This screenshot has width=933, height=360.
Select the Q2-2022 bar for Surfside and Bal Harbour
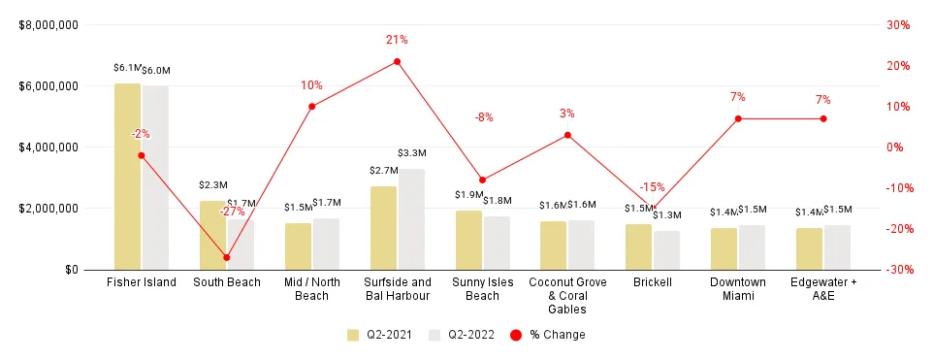pos(411,219)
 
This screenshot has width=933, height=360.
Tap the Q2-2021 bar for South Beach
pos(212,235)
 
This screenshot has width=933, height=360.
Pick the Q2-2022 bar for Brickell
pos(666,249)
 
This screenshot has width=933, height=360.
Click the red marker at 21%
pos(397,62)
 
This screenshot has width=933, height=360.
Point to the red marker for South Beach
pos(226,257)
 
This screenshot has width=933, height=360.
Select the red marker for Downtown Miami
pos(738,118)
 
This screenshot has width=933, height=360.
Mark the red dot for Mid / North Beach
pos(311,106)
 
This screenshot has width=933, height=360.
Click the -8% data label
pos(483,117)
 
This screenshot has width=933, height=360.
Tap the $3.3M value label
pos(412,153)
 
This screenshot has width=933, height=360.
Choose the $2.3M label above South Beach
pos(212,184)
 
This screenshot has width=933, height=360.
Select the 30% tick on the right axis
pos(897,25)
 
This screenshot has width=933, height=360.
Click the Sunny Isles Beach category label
pos(482,288)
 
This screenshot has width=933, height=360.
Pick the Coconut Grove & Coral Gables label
pos(567,295)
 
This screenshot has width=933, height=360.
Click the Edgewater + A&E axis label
pos(823,288)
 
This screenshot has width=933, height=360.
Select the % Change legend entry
pos(553,335)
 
